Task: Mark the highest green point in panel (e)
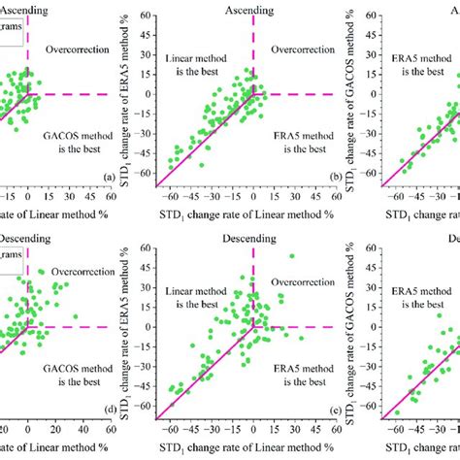pyautogui.click(x=291, y=256)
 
